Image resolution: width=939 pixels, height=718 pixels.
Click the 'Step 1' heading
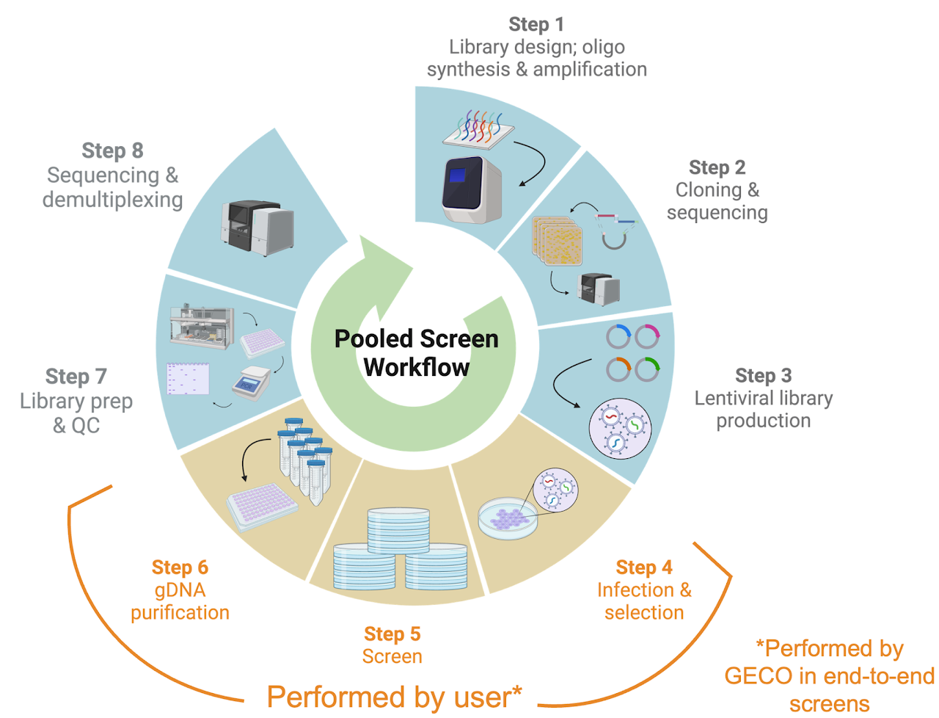[536, 24]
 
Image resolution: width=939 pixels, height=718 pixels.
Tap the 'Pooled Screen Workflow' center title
[416, 353]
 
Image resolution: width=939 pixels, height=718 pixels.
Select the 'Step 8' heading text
[112, 151]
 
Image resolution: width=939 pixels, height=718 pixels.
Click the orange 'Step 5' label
[392, 634]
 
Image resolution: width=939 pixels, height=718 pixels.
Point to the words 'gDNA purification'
[180, 601]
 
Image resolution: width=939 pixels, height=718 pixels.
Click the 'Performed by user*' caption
[394, 697]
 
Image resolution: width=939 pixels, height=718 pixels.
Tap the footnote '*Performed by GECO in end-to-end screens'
[829, 676]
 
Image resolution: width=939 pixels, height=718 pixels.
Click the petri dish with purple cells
[507, 517]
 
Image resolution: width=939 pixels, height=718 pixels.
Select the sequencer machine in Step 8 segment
[257, 225]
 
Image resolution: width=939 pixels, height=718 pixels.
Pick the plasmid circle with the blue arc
[618, 337]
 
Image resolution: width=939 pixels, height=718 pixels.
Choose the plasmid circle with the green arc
[647, 369]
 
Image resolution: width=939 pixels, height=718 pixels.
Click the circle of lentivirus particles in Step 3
[620, 429]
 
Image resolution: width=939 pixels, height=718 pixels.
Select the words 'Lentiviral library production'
[763, 409]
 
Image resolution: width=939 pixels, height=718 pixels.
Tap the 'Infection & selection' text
[644, 601]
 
